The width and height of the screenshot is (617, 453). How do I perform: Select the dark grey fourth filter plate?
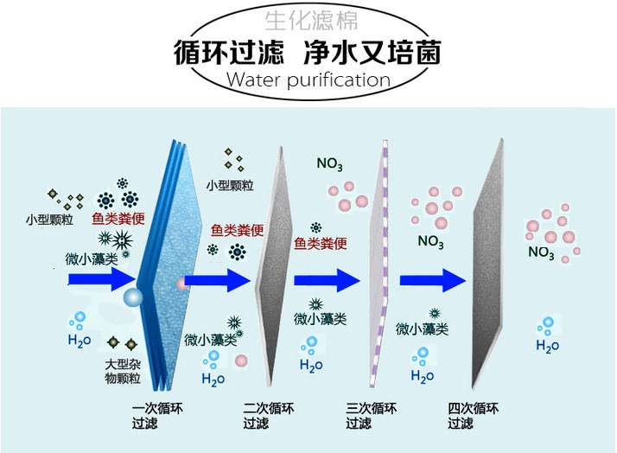coord(488,268)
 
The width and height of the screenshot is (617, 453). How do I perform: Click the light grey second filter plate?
coord(269,268)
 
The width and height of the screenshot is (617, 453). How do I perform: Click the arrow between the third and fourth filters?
coord(431,278)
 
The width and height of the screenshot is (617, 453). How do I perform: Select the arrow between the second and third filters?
coord(326,278)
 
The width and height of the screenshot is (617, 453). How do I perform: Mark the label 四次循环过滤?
coord(470,416)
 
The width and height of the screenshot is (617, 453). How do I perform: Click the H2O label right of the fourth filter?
coord(547,346)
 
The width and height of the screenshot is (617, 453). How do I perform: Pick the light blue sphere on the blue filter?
coord(134,298)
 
